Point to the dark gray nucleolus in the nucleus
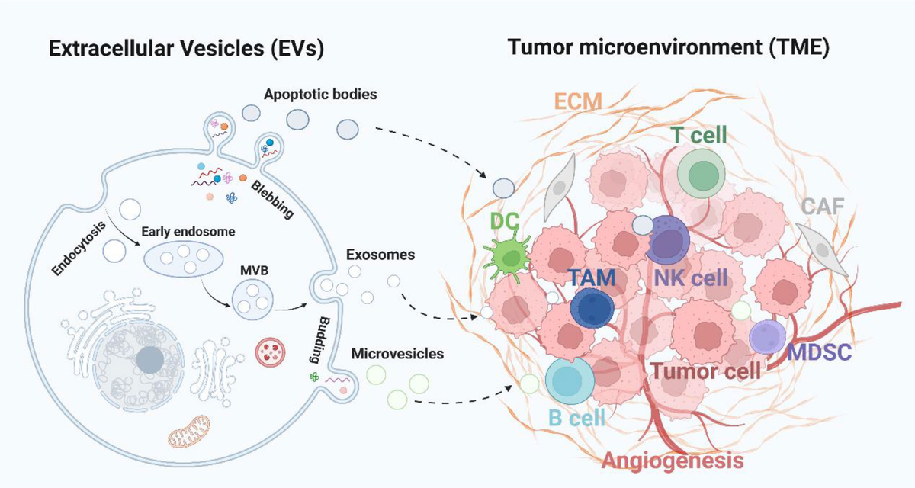click(150, 361)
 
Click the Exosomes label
click(380, 254)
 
